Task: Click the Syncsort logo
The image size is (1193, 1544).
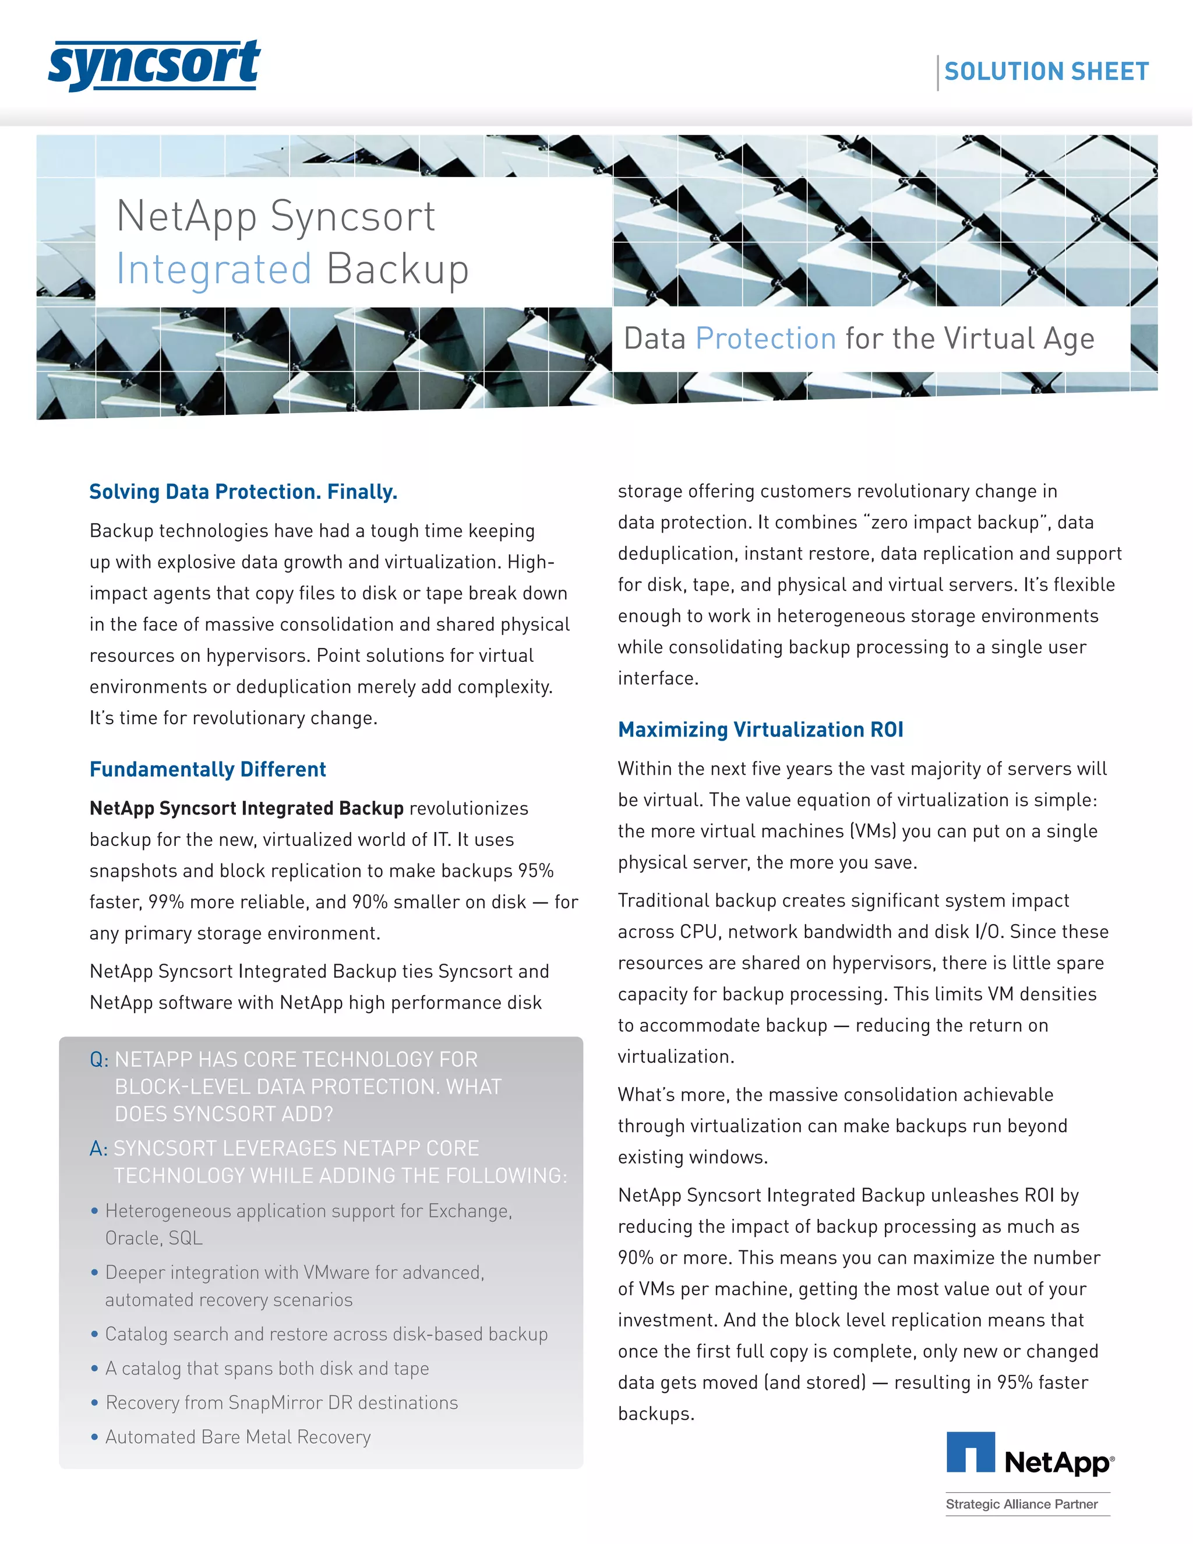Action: pos(154,65)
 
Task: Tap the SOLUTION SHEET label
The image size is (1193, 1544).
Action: pos(1046,72)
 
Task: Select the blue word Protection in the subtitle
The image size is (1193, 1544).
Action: pos(765,339)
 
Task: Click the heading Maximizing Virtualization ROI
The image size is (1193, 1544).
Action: pos(760,729)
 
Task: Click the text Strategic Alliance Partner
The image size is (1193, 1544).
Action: pos(1021,1504)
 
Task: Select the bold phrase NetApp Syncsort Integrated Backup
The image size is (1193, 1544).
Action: pos(246,808)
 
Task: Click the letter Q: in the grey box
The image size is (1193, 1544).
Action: pos(99,1060)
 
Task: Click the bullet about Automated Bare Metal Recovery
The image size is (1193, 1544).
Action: pos(238,1437)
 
